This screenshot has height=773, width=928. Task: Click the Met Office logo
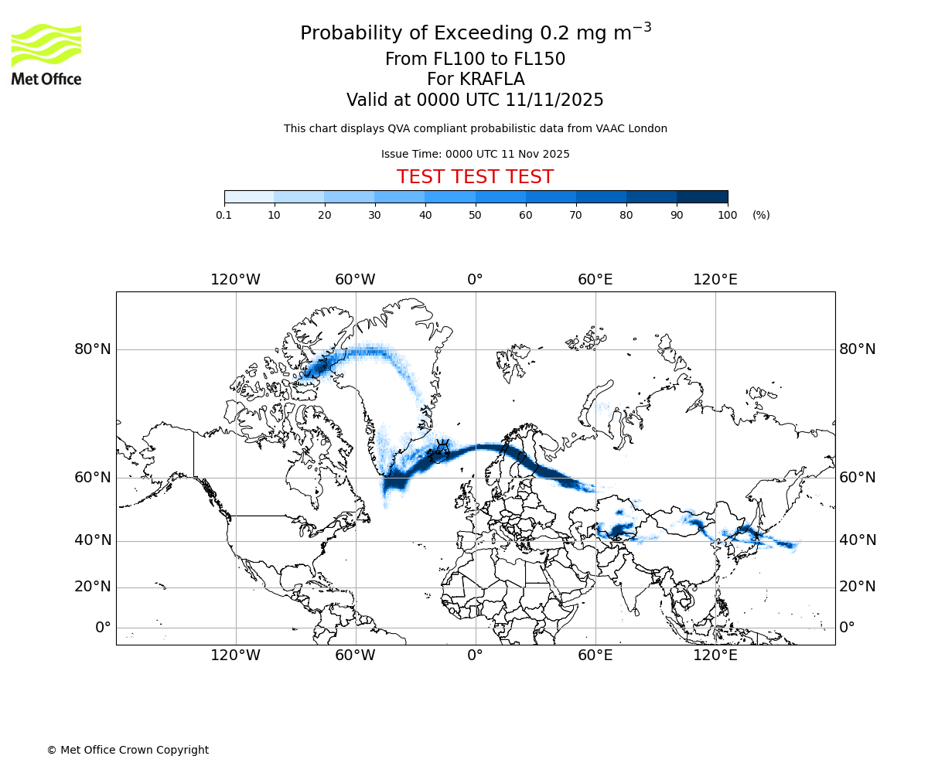point(46,54)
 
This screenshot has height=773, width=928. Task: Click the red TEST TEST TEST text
point(475,177)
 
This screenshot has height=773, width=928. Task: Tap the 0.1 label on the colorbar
point(224,215)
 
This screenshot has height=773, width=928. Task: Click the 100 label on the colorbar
point(727,215)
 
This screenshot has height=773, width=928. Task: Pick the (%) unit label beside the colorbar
point(761,215)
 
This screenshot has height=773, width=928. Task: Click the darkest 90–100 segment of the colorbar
point(702,196)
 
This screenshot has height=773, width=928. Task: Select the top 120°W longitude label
point(235,279)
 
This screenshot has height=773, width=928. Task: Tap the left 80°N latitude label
point(93,349)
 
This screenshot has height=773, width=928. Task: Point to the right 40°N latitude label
point(858,540)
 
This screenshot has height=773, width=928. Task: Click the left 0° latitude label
point(103,627)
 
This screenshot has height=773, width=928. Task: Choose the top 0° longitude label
point(475,279)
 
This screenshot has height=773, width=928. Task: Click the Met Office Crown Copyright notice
point(128,750)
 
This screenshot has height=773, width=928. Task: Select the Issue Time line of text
point(475,154)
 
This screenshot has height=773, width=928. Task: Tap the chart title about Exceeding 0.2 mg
point(475,33)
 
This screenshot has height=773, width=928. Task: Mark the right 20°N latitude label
point(858,587)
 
